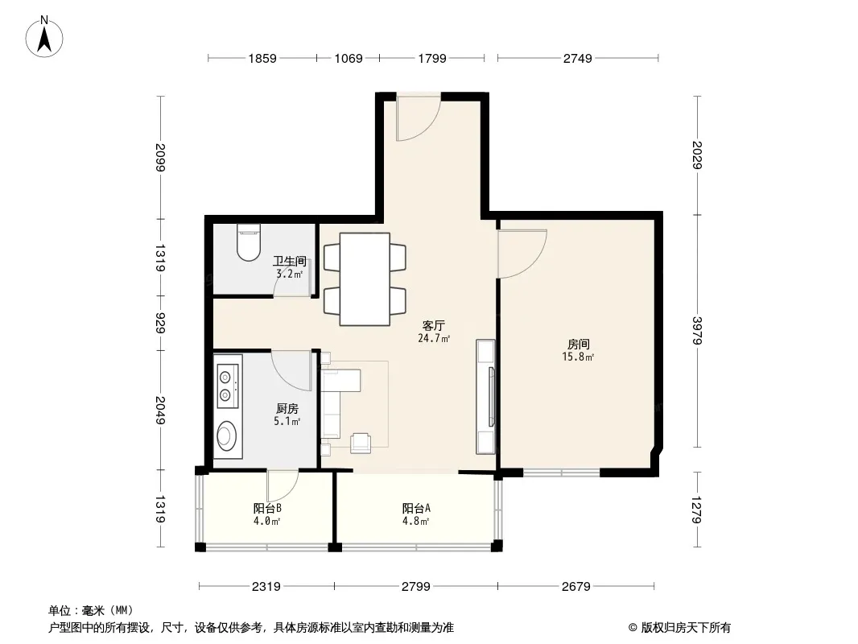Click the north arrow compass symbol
click(x=44, y=37)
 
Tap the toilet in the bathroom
click(x=249, y=242)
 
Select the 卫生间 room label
click(x=290, y=261)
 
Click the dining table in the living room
click(x=365, y=279)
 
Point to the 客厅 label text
click(x=433, y=326)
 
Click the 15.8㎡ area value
click(x=578, y=357)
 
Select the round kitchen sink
click(x=225, y=436)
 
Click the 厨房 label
click(x=287, y=409)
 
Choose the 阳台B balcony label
click(x=267, y=508)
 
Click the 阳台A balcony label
click(x=416, y=508)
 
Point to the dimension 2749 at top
click(x=578, y=58)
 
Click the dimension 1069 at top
click(x=349, y=58)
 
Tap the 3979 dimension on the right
click(x=696, y=331)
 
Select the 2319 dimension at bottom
click(x=266, y=587)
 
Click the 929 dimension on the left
click(x=160, y=323)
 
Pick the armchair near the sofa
click(x=361, y=443)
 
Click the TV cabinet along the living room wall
click(x=485, y=397)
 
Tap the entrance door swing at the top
click(x=419, y=118)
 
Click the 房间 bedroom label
click(x=578, y=345)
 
